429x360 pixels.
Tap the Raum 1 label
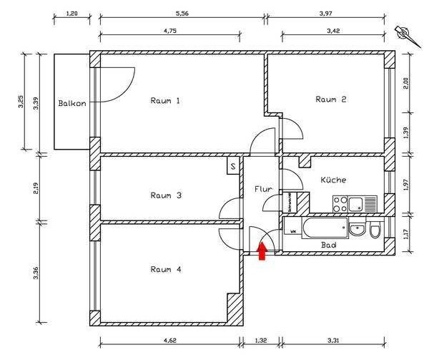coord(165,100)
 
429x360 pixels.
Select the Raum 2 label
coord(331,99)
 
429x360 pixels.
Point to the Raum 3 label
coord(165,195)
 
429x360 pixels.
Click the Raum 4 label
coord(165,269)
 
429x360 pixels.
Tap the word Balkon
coord(72,103)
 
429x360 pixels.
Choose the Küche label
coord(333,180)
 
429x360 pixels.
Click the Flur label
coord(262,190)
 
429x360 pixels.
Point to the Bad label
coord(329,245)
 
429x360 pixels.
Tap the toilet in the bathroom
coord(375,230)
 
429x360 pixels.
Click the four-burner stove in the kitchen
coord(339,203)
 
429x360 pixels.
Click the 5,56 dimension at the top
coord(182,13)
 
